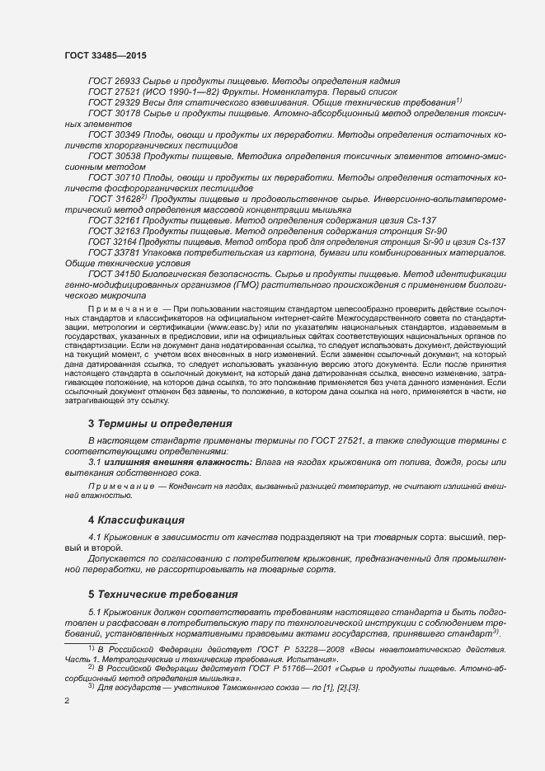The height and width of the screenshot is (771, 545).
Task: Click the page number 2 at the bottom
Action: click(67, 701)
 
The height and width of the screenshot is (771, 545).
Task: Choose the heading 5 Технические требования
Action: click(162, 594)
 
